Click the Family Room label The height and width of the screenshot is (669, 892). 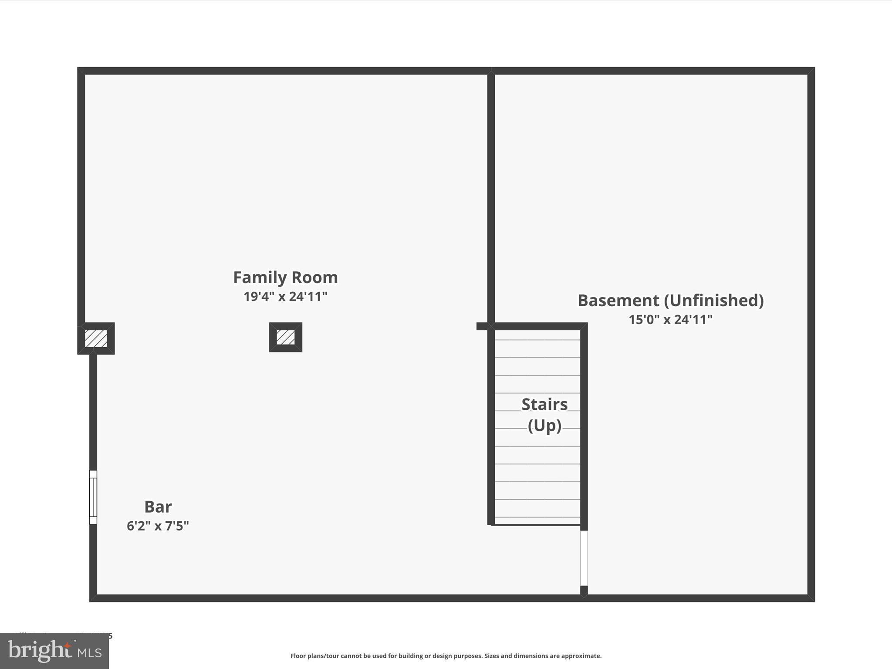(285, 277)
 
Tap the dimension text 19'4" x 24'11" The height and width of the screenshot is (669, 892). (285, 297)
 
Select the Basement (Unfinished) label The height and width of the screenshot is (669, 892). (670, 301)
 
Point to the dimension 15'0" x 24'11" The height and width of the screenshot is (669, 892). (670, 320)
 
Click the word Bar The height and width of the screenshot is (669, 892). (158, 507)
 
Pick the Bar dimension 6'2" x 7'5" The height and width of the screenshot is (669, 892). (158, 526)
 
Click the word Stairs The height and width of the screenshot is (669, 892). (544, 405)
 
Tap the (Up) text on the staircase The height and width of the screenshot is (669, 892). (544, 425)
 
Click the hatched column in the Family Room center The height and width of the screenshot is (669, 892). (286, 337)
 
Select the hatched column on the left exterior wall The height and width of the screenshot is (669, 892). (96, 338)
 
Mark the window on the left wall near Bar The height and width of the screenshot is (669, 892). (93, 497)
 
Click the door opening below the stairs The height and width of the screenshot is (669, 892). (584, 558)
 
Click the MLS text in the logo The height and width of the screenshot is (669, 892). (90, 652)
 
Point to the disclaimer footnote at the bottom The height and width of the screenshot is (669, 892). (446, 656)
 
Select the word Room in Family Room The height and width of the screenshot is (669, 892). (314, 277)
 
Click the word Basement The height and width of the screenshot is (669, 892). (618, 301)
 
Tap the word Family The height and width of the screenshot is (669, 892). (260, 277)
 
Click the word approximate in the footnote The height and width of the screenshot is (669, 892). (581, 656)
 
